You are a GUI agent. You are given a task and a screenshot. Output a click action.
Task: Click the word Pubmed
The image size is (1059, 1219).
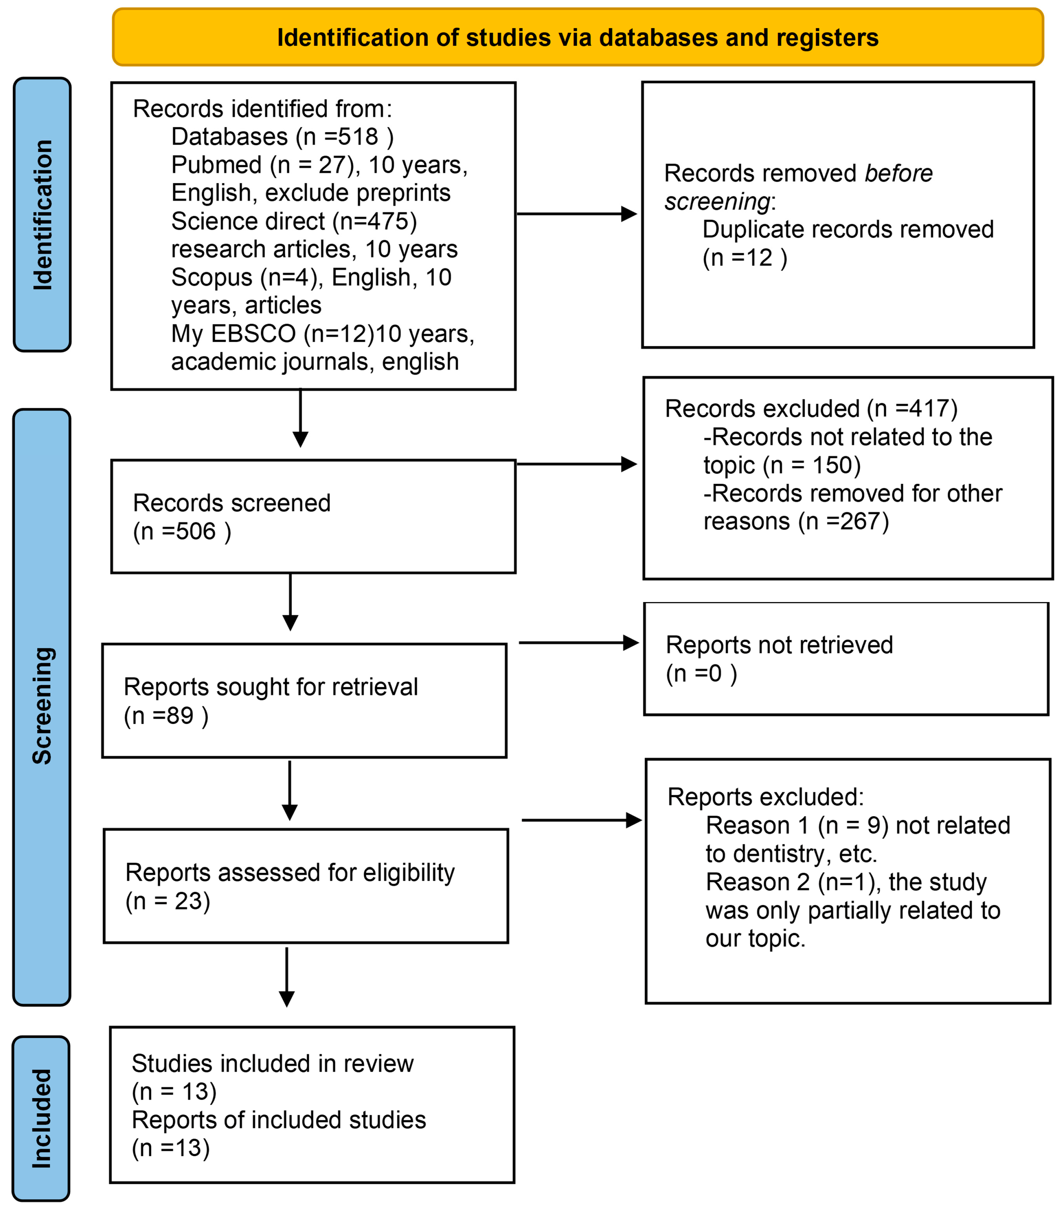(x=216, y=165)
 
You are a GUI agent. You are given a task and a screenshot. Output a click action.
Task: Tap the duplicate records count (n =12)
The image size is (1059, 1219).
(x=745, y=258)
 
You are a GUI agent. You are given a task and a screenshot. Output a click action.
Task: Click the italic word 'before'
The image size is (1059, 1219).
(x=898, y=174)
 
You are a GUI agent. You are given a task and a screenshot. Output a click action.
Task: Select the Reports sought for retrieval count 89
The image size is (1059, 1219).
(x=180, y=716)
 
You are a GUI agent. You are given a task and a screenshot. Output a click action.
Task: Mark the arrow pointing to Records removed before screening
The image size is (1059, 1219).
(x=576, y=214)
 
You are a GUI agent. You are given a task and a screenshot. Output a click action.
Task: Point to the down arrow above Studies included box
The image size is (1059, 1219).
(x=287, y=978)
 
